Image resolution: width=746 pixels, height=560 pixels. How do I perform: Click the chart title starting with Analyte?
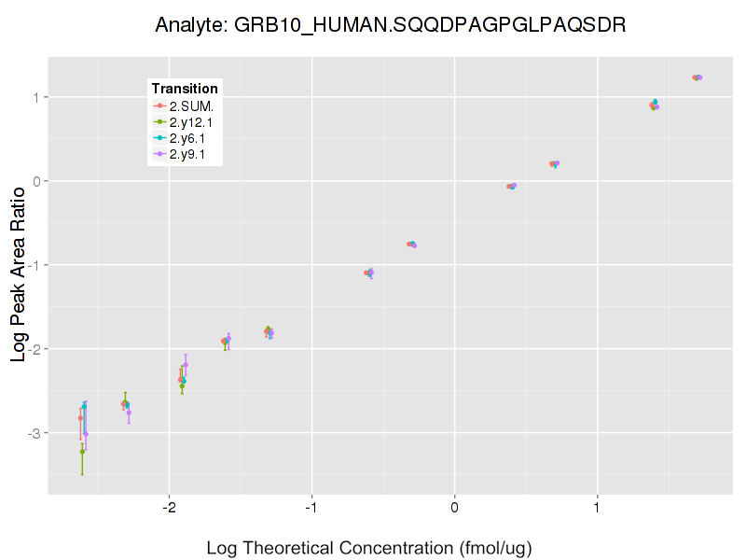click(x=390, y=25)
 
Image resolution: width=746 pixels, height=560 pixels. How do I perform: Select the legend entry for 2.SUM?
click(x=191, y=105)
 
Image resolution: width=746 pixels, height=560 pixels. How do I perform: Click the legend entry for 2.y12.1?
click(x=191, y=121)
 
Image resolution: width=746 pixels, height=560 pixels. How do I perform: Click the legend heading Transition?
click(x=185, y=89)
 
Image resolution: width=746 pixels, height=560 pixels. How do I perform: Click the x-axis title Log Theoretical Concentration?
click(x=368, y=547)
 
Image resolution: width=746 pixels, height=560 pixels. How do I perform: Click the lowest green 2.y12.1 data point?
click(x=82, y=452)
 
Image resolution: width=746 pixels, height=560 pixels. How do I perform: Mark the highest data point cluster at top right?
click(x=697, y=77)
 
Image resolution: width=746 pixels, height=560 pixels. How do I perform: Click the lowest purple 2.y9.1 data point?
click(x=86, y=433)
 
